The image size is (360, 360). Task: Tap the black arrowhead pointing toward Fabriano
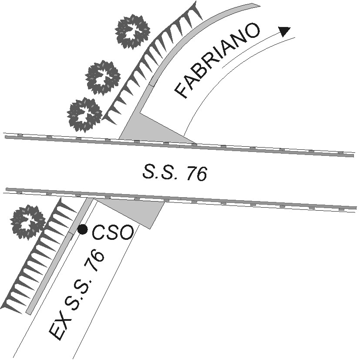point(284,31)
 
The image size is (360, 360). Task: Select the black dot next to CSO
point(82,229)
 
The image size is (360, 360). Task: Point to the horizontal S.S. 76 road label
point(174,173)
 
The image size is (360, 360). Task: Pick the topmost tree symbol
point(132,31)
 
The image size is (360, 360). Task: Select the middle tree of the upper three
point(103,77)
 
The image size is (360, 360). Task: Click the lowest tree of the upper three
point(84,114)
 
